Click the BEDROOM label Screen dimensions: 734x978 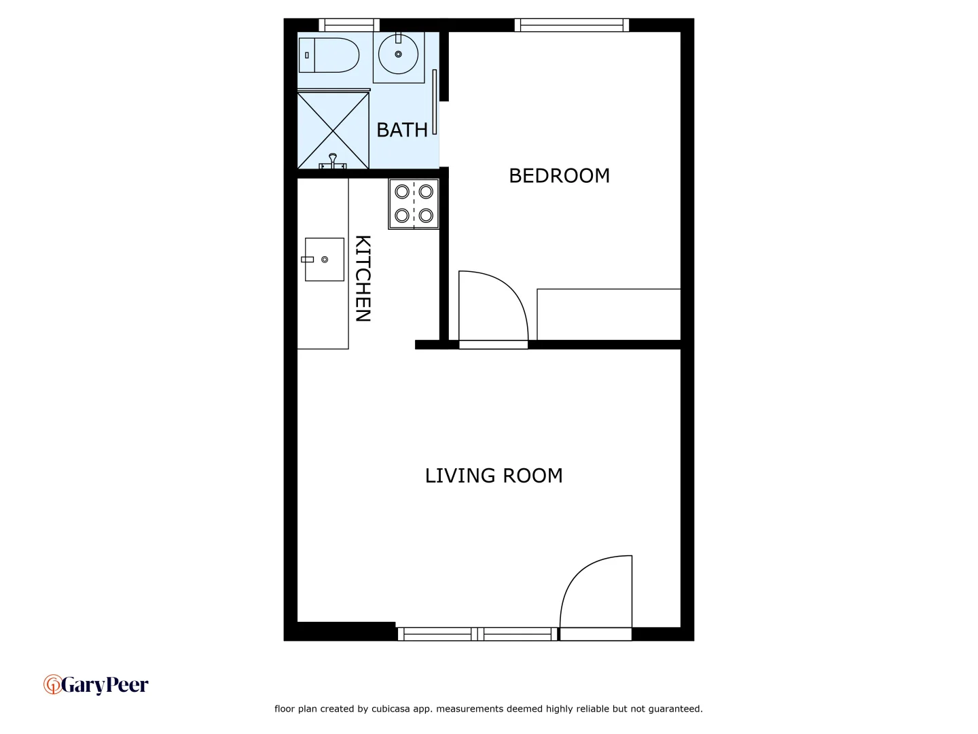(x=559, y=175)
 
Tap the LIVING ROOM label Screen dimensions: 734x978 (x=494, y=476)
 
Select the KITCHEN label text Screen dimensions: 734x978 (x=363, y=279)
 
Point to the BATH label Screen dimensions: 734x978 (x=402, y=130)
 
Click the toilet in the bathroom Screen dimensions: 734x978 (x=329, y=55)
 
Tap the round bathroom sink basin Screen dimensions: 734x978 (x=398, y=54)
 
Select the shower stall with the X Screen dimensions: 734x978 (x=333, y=130)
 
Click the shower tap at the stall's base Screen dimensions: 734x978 (x=333, y=161)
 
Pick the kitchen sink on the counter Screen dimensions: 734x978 (x=324, y=259)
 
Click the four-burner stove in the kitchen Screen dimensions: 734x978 (x=414, y=204)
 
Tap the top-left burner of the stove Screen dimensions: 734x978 (x=402, y=192)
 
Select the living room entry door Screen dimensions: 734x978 (x=596, y=598)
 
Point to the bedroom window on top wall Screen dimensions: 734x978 (x=572, y=25)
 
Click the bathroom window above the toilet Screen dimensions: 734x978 (x=349, y=25)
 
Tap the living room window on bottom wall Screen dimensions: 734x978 (x=477, y=634)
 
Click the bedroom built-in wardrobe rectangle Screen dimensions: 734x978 (x=609, y=314)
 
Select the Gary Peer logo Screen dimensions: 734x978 (x=96, y=684)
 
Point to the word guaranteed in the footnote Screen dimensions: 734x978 (x=675, y=709)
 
